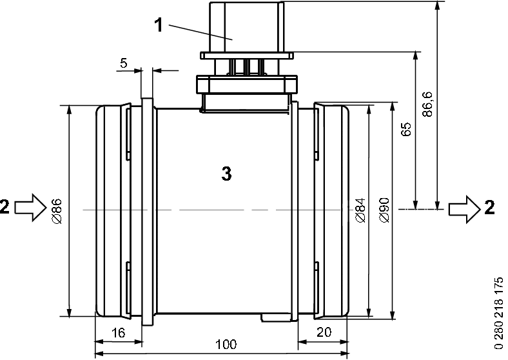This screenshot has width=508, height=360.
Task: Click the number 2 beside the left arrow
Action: click(x=5, y=207)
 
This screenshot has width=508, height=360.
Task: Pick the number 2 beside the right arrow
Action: click(x=490, y=207)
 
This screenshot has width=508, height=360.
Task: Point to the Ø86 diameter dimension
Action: click(x=56, y=210)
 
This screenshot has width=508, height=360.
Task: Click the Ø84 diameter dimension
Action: click(x=360, y=210)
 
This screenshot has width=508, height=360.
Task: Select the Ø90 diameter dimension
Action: click(x=384, y=210)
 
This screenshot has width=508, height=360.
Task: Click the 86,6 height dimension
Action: click(x=427, y=103)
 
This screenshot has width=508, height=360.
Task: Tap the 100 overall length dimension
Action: click(x=224, y=344)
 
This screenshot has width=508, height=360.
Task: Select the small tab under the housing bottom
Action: click(x=276, y=318)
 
